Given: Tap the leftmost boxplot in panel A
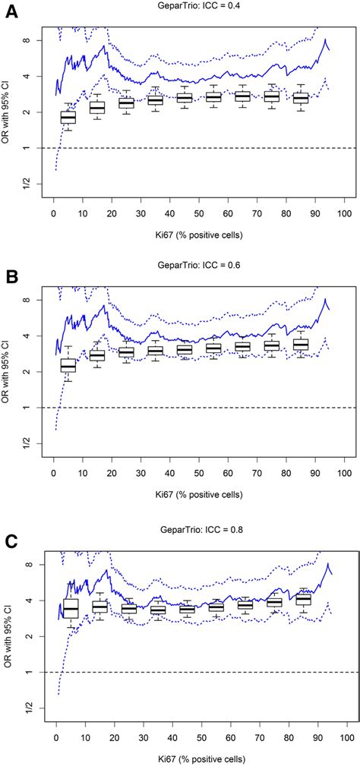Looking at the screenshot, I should (68, 117).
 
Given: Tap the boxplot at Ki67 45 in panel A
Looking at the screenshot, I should (184, 98).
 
